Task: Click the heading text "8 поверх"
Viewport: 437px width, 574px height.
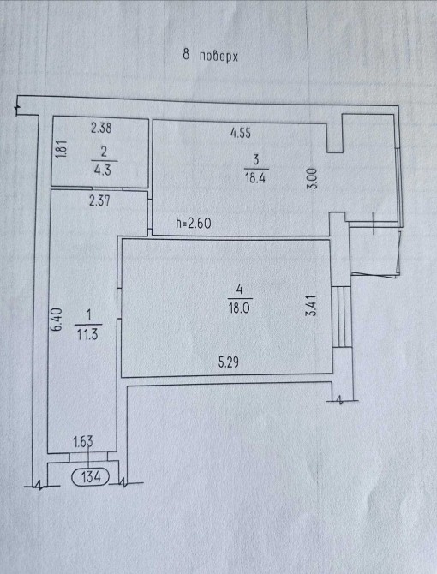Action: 211,56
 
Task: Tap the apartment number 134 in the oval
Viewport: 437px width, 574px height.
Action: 91,476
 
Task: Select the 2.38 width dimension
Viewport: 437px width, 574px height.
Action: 101,128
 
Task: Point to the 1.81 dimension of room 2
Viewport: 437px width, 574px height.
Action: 62,149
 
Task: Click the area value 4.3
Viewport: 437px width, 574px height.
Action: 103,170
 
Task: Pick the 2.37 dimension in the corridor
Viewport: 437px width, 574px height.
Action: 99,200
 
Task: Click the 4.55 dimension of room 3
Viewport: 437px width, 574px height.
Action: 241,133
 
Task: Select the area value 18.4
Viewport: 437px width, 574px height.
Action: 255,179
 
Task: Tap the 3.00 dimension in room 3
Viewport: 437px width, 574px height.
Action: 312,178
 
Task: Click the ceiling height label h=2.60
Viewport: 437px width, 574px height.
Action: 194,223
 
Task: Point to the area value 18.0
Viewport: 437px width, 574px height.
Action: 239,308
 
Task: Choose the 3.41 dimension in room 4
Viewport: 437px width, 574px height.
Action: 312,306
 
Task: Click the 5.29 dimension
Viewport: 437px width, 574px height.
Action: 229,362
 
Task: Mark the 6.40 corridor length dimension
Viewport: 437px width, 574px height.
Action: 57,320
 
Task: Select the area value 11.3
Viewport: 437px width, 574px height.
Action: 87,334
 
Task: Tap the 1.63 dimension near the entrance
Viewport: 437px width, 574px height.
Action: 83,442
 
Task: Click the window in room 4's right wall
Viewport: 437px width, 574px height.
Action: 343,317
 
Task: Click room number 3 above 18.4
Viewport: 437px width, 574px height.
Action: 256,159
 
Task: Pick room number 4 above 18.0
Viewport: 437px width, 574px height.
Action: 239,290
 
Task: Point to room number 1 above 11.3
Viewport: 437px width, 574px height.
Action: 88,314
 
